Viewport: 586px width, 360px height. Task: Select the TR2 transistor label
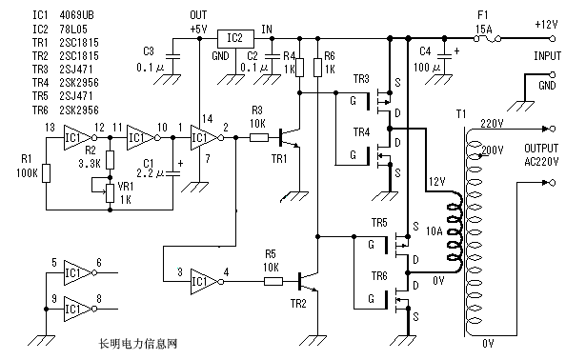click(x=297, y=304)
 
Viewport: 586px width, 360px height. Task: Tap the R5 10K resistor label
click(x=271, y=261)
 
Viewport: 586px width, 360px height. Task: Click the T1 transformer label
click(x=461, y=114)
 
